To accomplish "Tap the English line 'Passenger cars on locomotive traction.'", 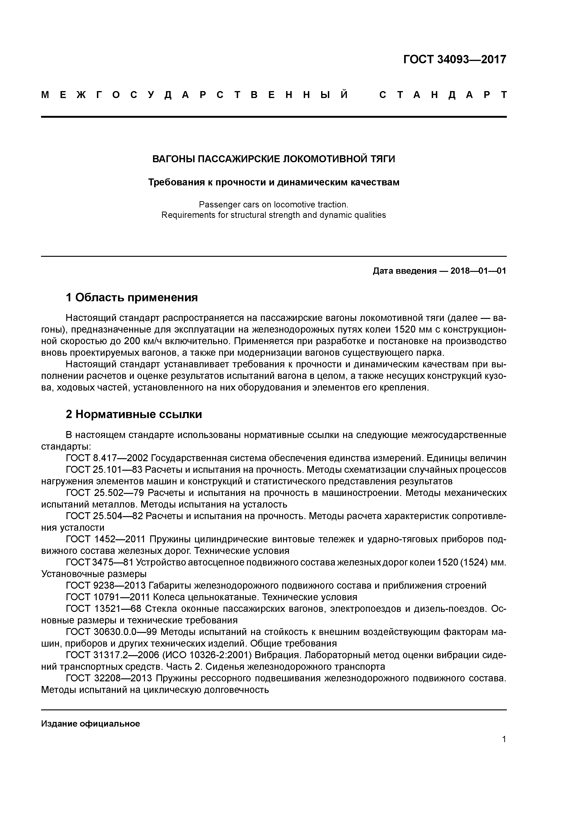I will (274, 204).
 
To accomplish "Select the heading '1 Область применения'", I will (131, 297).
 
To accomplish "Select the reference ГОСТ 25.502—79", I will (105, 493).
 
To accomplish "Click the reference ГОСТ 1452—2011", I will (105, 539).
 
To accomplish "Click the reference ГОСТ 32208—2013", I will (109, 678).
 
